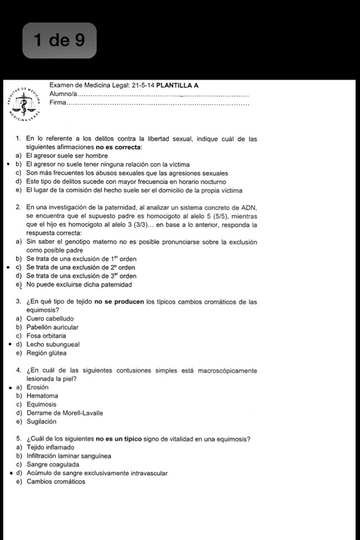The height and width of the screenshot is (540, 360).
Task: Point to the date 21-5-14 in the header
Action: click(141, 85)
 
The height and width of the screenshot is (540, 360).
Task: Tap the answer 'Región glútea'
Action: click(46, 353)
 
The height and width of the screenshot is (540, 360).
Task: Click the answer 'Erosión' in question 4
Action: click(38, 387)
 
